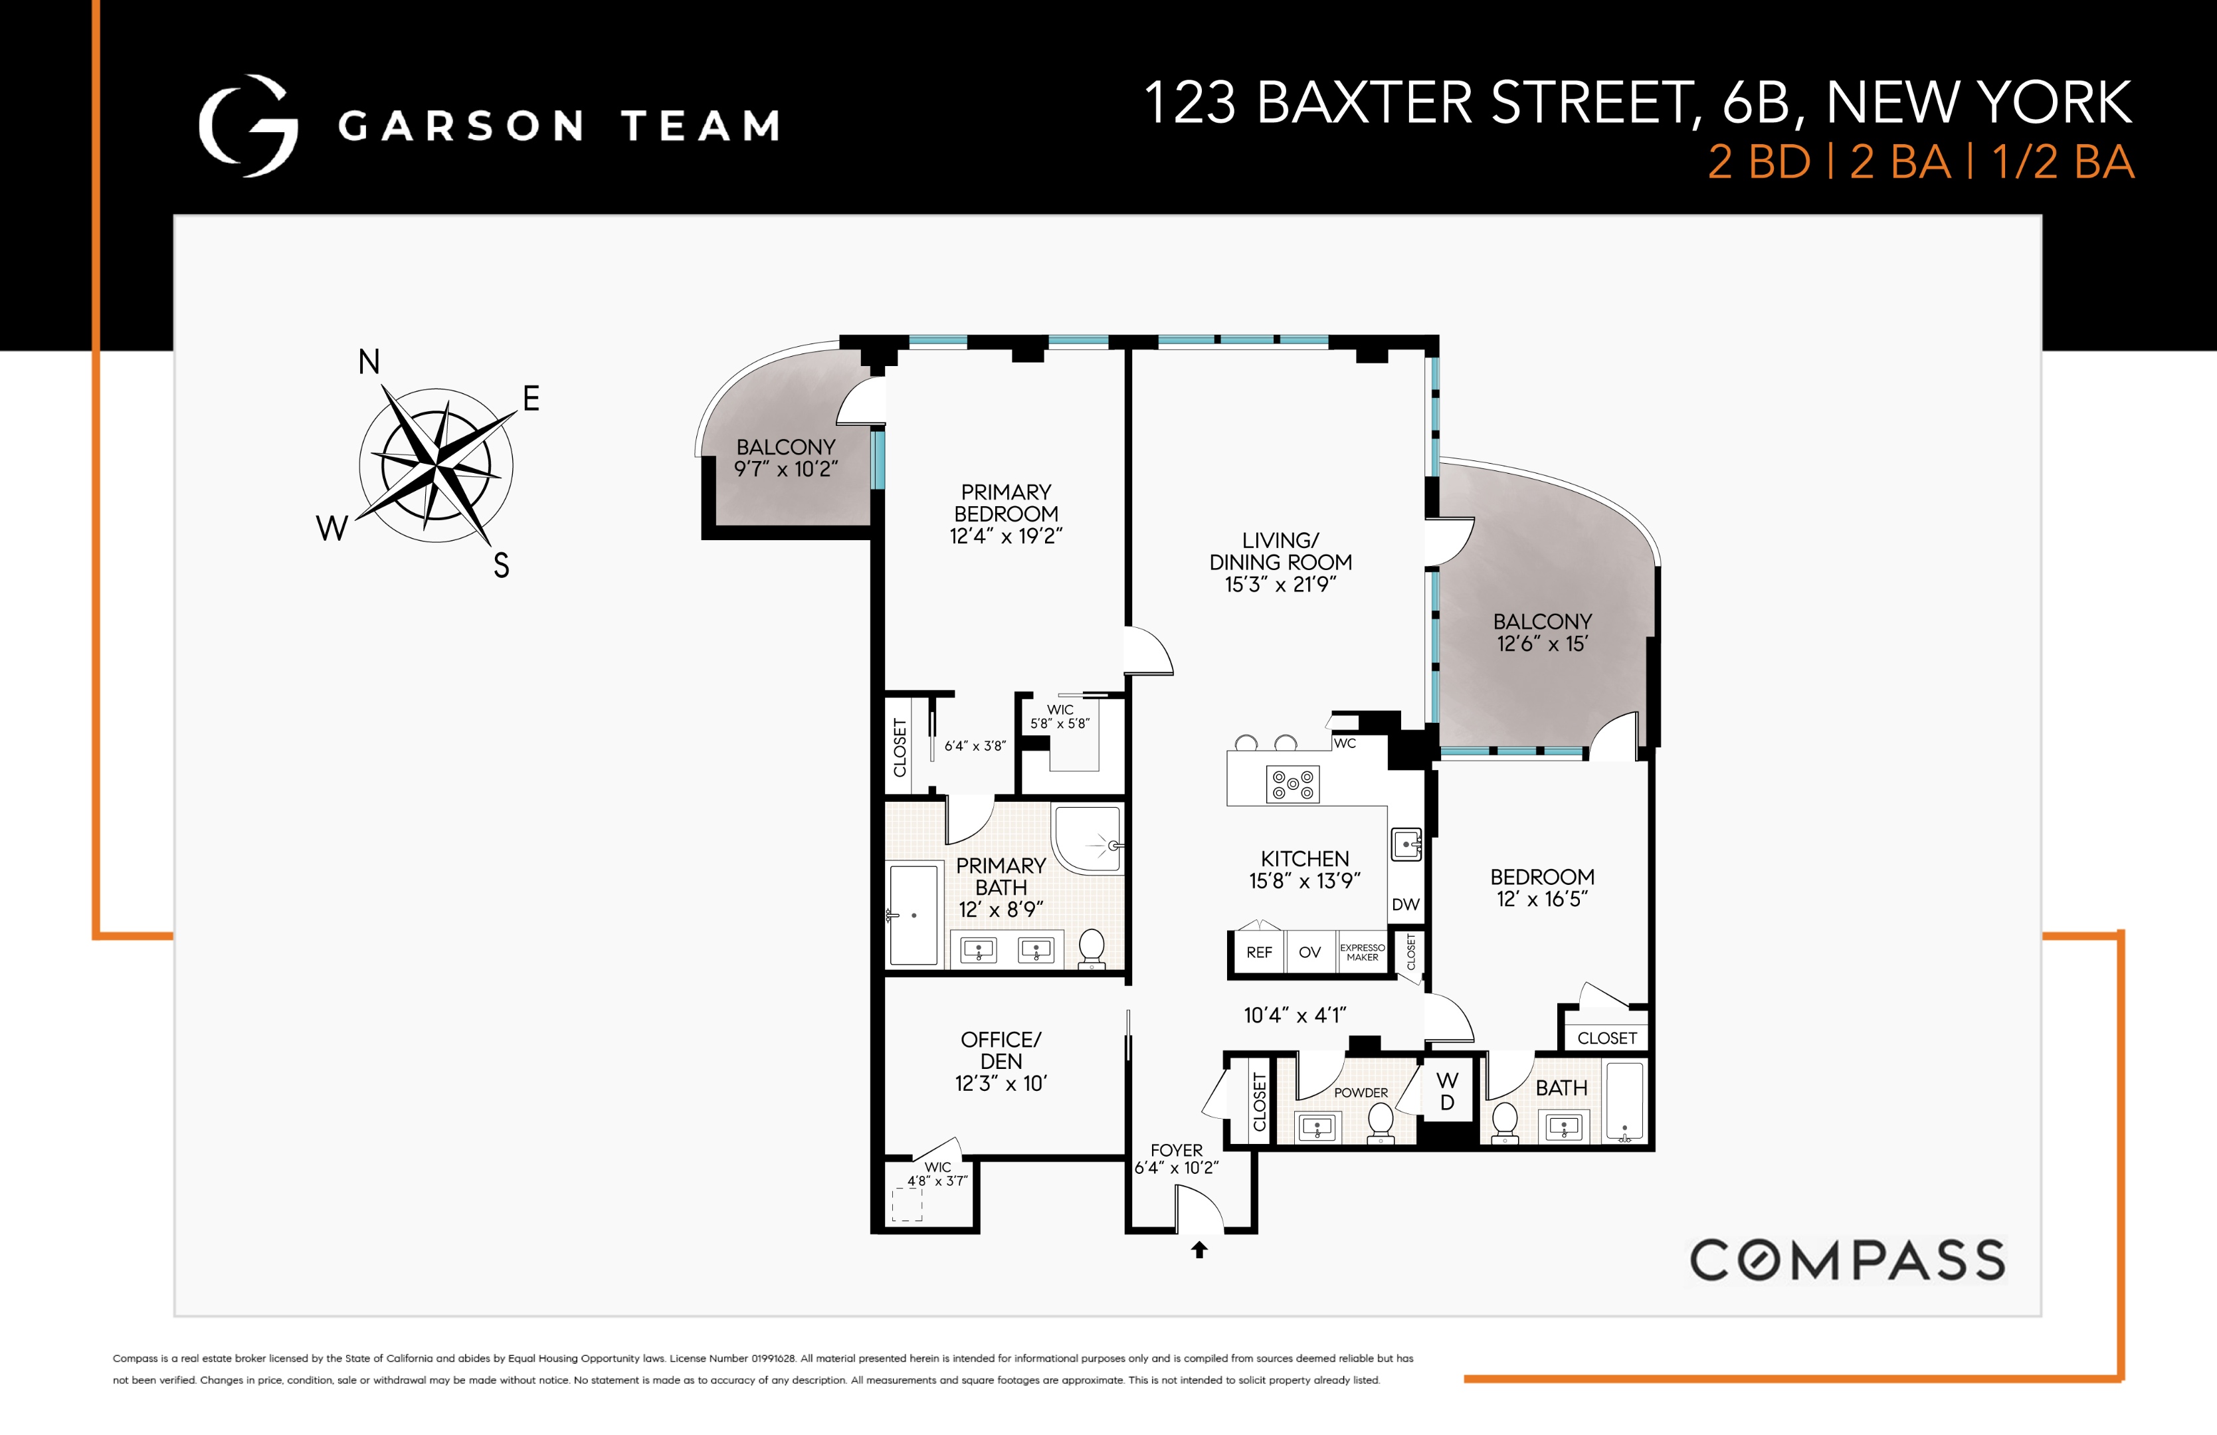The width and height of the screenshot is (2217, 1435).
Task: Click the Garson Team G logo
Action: tap(248, 126)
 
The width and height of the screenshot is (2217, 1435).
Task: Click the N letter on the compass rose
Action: tap(369, 362)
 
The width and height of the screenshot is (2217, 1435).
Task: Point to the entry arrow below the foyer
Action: tap(1200, 1250)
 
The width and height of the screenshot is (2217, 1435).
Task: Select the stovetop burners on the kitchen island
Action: tap(1293, 784)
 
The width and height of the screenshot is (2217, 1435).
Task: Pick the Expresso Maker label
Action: tap(1362, 953)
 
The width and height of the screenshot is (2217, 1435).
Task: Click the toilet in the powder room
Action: tap(1380, 1121)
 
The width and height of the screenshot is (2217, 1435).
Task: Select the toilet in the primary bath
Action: tap(1091, 948)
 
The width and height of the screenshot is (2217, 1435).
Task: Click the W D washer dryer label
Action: tap(1446, 1092)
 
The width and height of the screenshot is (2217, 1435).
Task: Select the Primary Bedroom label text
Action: tap(1006, 503)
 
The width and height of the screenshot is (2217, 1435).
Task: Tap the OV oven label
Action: tap(1309, 953)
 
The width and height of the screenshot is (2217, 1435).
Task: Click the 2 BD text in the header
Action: tap(1759, 163)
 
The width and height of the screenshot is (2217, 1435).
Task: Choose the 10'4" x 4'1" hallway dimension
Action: tap(1295, 1015)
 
